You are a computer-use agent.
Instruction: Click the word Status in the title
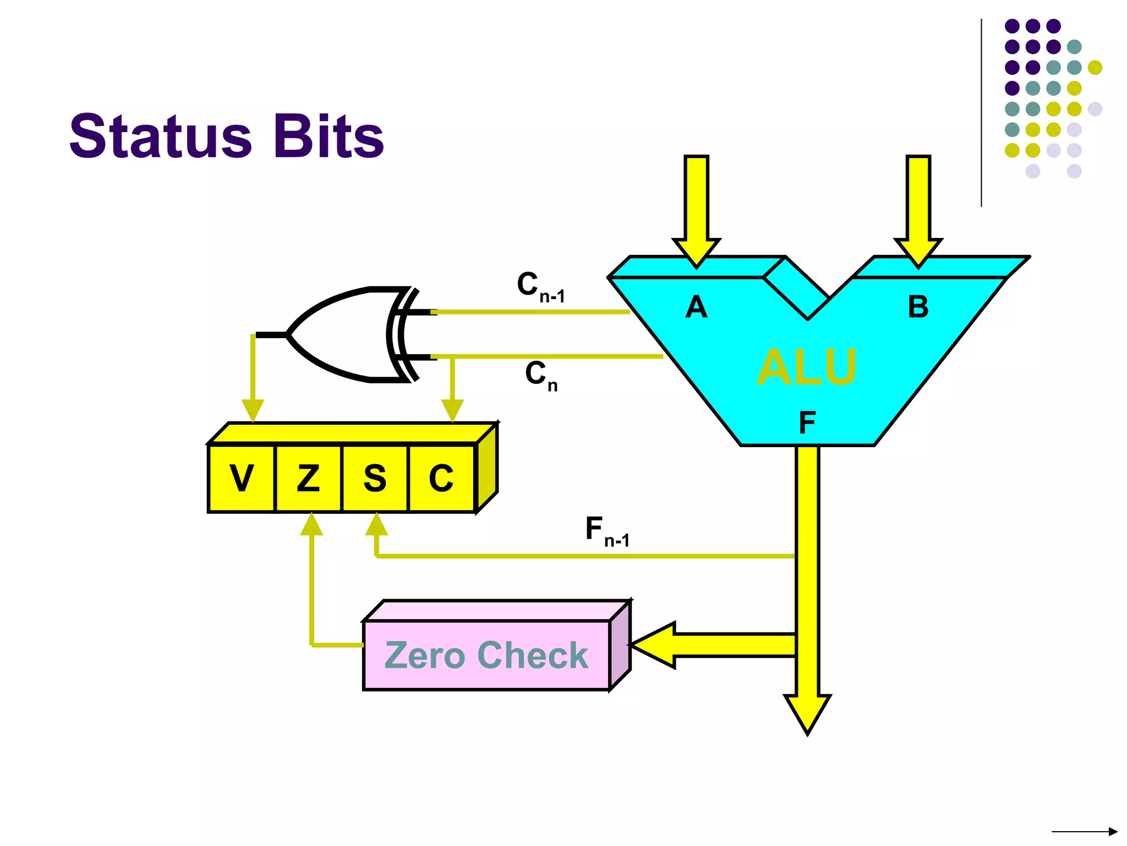pyautogui.click(x=160, y=137)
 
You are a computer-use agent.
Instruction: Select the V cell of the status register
pyautogui.click(x=242, y=478)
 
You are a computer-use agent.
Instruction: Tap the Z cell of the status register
pyautogui.click(x=308, y=478)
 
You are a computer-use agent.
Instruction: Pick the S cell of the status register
pyautogui.click(x=375, y=478)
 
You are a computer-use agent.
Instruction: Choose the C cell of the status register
pyautogui.click(x=441, y=478)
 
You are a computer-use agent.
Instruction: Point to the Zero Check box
pyautogui.click(x=486, y=655)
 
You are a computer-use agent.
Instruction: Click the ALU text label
pyautogui.click(x=807, y=367)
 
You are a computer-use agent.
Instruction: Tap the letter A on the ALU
pyautogui.click(x=696, y=307)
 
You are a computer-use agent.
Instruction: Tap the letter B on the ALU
pyautogui.click(x=918, y=307)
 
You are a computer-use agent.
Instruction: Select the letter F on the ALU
pyautogui.click(x=807, y=423)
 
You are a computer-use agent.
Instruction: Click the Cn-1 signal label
pyautogui.click(x=540, y=287)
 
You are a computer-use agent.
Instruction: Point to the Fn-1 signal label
pyautogui.click(x=606, y=532)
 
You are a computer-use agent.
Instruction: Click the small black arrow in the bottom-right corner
pyautogui.click(x=1084, y=831)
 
